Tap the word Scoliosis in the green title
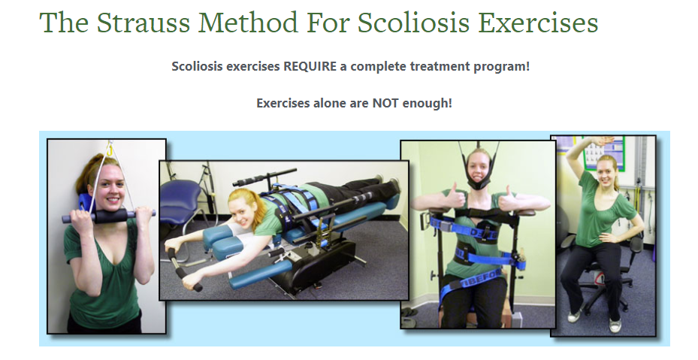coord(414,23)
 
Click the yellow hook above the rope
coord(109,148)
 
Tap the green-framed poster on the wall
coord(605,154)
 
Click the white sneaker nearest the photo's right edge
coord(615,325)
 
